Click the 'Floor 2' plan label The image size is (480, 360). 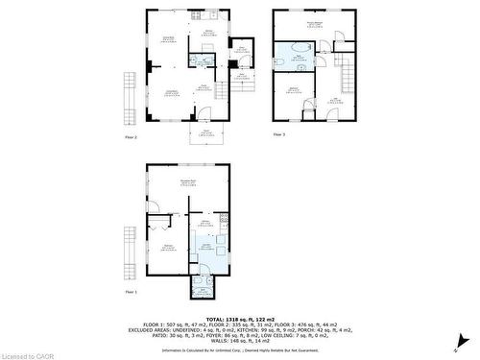point(132,137)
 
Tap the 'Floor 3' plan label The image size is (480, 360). point(279,134)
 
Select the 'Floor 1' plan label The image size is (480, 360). point(132,291)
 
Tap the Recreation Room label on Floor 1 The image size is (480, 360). point(188,181)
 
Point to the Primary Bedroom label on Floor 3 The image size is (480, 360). point(314,23)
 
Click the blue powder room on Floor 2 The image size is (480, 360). point(201,60)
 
